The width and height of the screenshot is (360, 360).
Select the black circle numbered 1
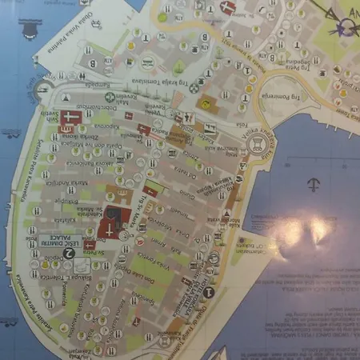[208, 292]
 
